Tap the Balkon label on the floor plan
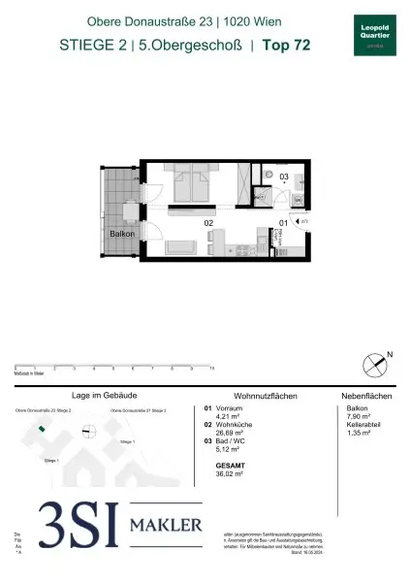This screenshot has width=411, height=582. coord(121,234)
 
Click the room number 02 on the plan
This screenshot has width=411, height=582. coord(207,223)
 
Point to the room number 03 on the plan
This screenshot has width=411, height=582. coord(284,177)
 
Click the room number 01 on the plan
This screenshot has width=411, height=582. coord(283,223)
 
